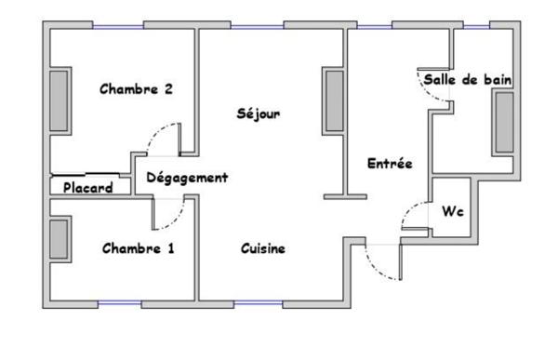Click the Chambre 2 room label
click(x=137, y=90)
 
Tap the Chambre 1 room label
click(x=138, y=248)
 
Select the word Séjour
click(x=259, y=113)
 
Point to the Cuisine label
click(x=263, y=248)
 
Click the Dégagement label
click(x=187, y=177)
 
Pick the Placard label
click(x=88, y=188)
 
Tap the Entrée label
click(x=390, y=163)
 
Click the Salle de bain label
click(x=468, y=80)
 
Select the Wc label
click(x=452, y=211)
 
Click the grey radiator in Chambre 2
click(x=60, y=100)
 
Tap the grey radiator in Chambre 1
click(x=60, y=239)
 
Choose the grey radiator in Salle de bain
click(x=503, y=122)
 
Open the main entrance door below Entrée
click(x=381, y=265)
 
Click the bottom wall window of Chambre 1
click(x=122, y=304)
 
